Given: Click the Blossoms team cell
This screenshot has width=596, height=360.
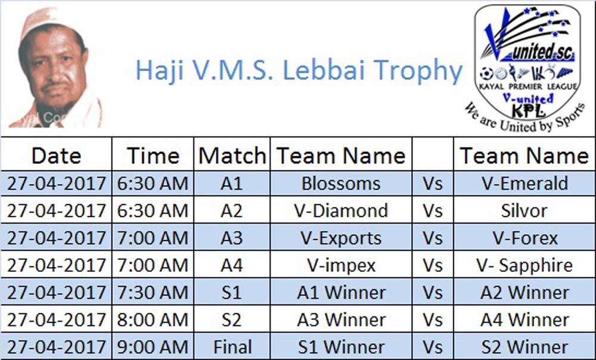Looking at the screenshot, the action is point(341,184).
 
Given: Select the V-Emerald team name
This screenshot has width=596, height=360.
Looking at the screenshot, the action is point(524,184).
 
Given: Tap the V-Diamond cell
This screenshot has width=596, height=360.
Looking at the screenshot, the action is point(341,210).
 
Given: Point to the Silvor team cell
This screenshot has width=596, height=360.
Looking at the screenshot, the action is point(524,210).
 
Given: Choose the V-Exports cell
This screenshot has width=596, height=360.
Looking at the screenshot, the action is point(341,238).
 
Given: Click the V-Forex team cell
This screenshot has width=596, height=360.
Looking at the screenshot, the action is point(524,238).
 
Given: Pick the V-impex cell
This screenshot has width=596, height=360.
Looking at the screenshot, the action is point(341,265).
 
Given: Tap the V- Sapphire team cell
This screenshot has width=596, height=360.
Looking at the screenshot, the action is point(524,265).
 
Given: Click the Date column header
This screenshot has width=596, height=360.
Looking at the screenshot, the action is point(56,156).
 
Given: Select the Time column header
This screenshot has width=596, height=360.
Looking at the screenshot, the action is point(153,156).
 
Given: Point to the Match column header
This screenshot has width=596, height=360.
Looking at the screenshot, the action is point(232,156).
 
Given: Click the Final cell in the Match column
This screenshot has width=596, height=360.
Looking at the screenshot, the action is point(232,347).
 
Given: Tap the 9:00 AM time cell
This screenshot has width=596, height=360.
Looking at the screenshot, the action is point(153,347).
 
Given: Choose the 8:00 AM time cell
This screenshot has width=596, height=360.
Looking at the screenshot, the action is point(153,319).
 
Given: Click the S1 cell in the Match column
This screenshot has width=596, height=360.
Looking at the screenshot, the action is point(231,293).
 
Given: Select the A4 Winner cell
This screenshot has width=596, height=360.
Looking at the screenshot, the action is point(524,319).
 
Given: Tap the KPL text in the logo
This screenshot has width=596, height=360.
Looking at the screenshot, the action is point(528,111).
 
